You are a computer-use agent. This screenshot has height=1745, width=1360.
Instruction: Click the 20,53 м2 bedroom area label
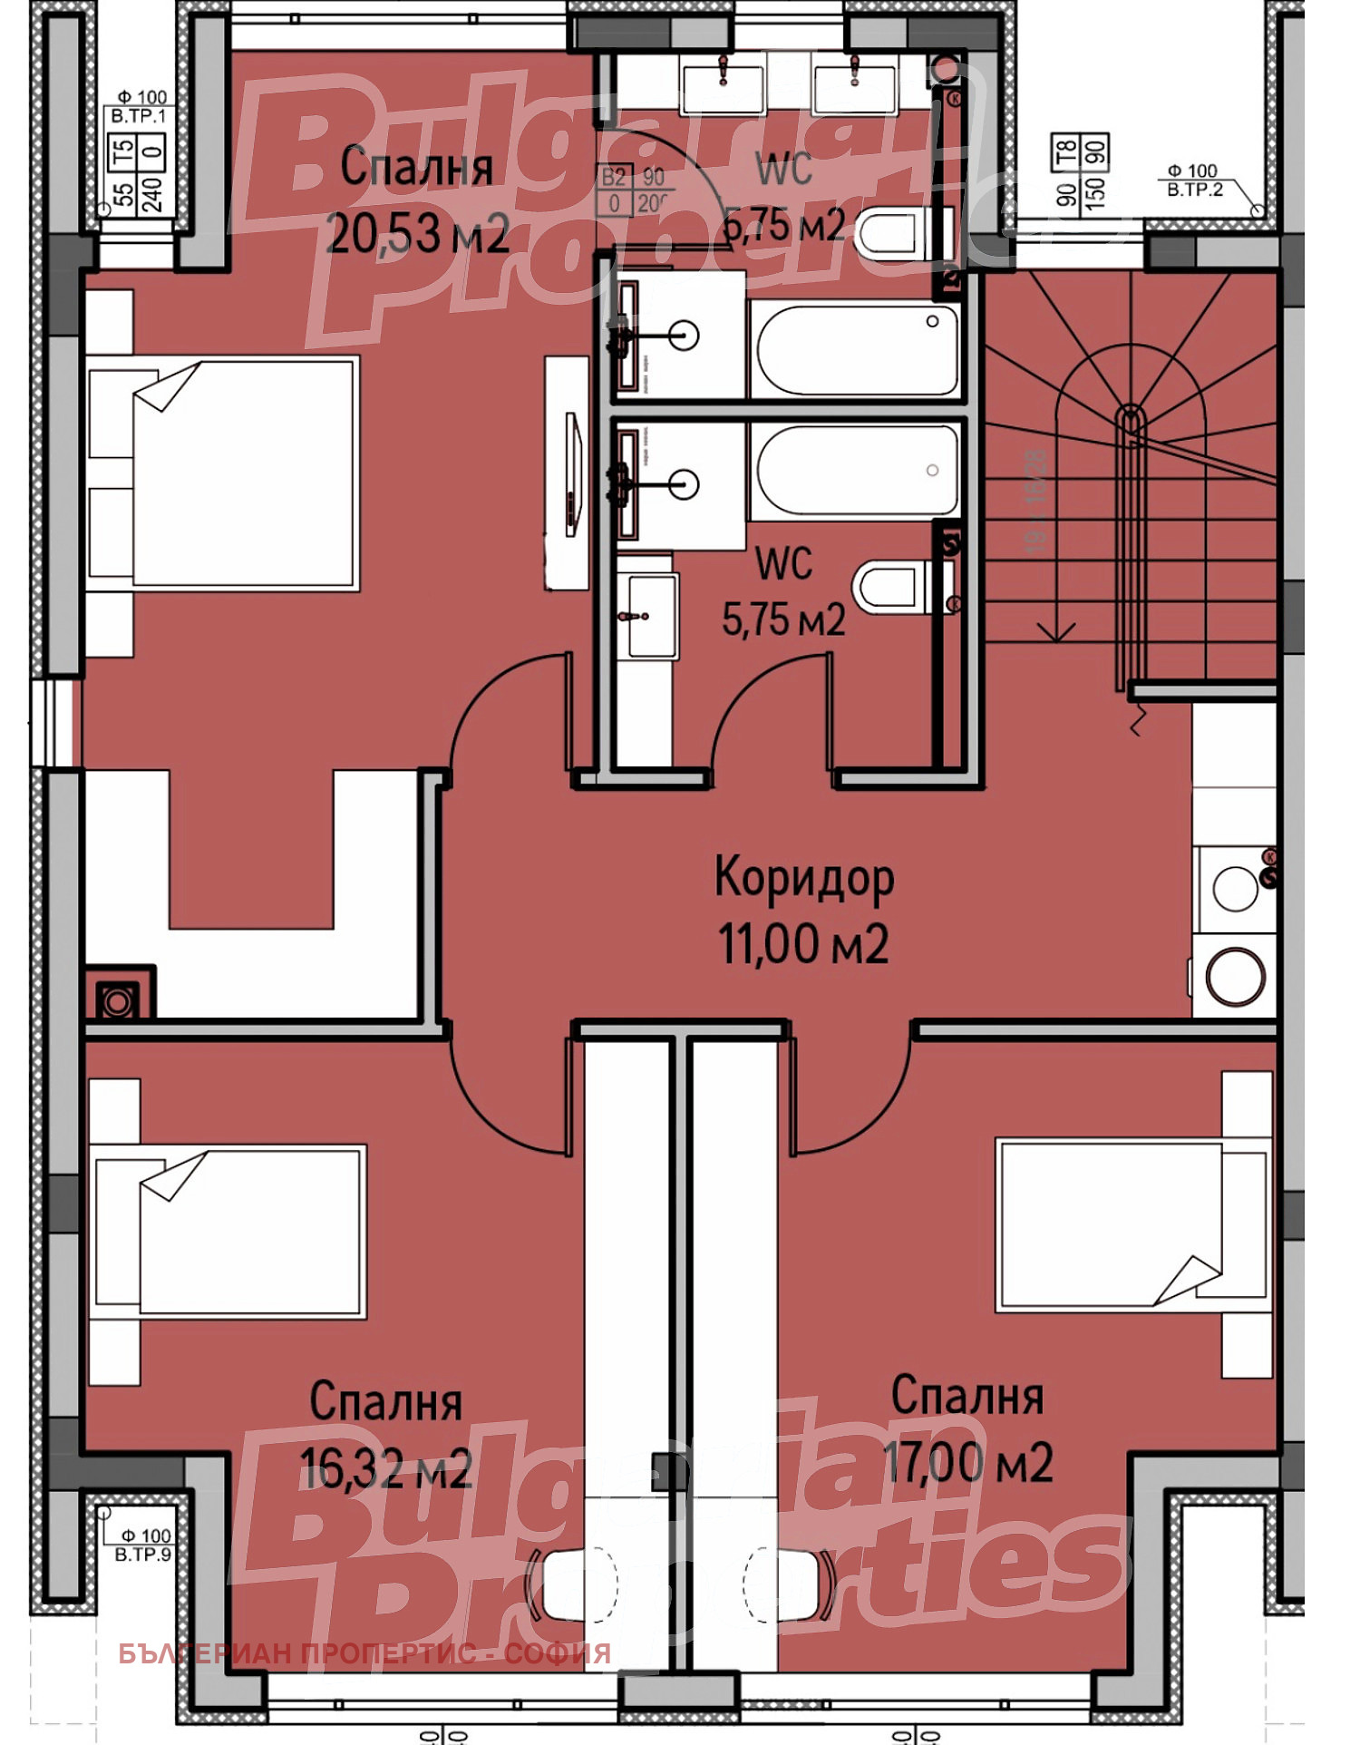pos(418,234)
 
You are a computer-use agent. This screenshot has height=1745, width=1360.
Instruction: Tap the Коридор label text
pos(803,878)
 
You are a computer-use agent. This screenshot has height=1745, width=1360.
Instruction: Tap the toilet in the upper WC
pos(893,232)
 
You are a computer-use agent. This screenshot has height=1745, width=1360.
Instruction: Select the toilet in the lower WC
pos(893,586)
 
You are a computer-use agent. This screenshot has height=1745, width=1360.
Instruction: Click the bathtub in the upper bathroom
pos(856,348)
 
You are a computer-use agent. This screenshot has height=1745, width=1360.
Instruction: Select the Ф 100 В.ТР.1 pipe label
pos(141,106)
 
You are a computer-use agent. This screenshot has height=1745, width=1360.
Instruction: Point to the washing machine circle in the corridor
pos(1235,977)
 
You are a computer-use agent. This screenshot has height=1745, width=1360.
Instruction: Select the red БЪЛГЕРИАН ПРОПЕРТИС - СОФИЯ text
pos(364,1652)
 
